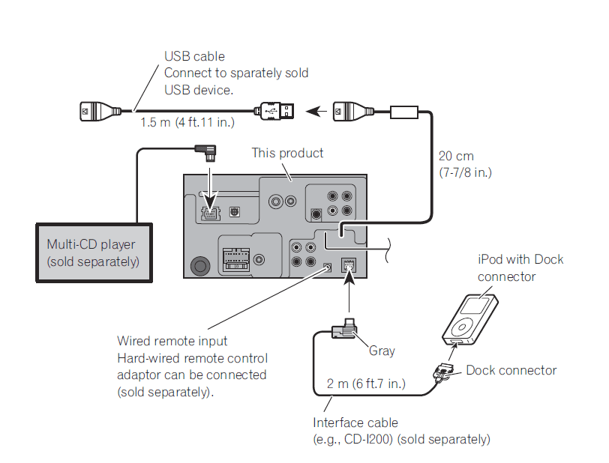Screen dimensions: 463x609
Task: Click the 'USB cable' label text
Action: coord(194,56)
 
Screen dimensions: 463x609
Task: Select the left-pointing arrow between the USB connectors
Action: coord(318,112)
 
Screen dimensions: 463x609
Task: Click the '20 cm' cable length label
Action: coord(457,157)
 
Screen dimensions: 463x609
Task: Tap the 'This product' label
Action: coord(287,153)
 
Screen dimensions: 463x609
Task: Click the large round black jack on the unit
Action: coord(200,265)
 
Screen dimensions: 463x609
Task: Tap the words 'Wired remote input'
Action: coord(172,341)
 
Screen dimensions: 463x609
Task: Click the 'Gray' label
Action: coord(382,351)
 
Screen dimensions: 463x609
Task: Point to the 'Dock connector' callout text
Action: coord(511,370)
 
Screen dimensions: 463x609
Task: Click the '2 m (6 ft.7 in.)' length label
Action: coord(366,384)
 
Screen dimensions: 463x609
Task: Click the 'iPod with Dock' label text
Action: coord(520,259)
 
